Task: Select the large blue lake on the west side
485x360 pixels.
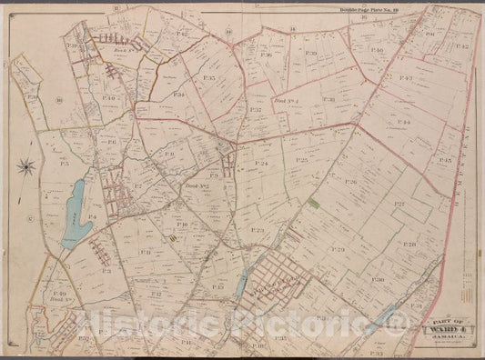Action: (x=75, y=215)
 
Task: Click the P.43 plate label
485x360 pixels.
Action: (x=406, y=78)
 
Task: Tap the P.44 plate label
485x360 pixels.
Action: (x=404, y=121)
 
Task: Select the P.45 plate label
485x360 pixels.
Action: (x=445, y=160)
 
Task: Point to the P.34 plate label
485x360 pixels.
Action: (x=179, y=95)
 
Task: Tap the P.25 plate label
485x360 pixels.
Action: (x=302, y=160)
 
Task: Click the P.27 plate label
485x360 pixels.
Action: (x=399, y=205)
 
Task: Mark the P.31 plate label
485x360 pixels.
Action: (x=416, y=305)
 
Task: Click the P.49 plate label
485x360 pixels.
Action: (x=61, y=295)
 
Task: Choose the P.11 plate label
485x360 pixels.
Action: (x=143, y=253)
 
